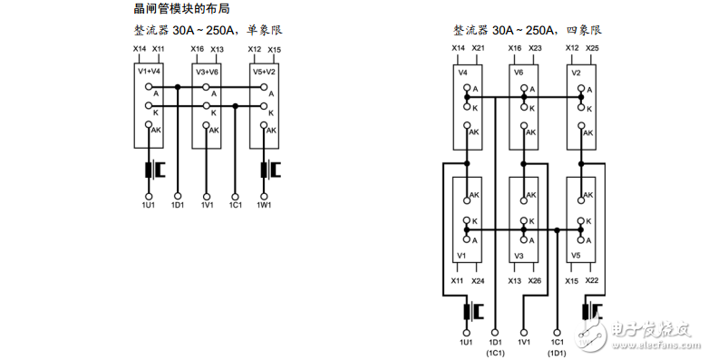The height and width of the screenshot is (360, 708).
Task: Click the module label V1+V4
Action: pos(149,70)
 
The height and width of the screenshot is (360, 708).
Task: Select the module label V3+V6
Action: pos(207,70)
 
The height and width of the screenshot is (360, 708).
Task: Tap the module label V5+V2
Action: pos(264,70)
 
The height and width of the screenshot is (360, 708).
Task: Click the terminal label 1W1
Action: pos(264,205)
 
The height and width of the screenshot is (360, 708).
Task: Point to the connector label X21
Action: pos(478,47)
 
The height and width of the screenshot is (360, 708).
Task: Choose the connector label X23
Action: pos(535,47)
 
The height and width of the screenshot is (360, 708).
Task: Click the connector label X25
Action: pos(592,47)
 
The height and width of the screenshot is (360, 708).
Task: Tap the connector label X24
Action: pos(478,281)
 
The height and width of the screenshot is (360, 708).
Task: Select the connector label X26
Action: pos(535,281)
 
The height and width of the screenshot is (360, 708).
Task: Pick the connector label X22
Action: pos(592,281)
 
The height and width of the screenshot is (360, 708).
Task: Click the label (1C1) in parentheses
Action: pos(495,352)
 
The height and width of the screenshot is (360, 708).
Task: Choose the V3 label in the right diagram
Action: pos(519,257)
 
